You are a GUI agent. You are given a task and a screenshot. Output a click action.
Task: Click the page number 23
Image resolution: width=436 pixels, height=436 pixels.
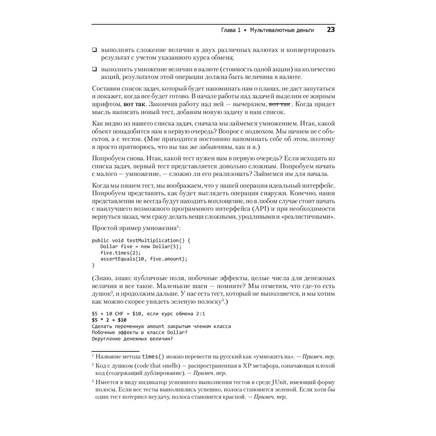330,30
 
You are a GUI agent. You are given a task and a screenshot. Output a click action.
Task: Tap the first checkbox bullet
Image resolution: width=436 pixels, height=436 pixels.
94,50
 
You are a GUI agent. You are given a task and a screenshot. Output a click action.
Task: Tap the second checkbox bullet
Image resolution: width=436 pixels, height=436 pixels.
94,69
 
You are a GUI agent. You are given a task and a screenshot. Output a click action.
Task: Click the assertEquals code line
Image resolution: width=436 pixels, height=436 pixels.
144,259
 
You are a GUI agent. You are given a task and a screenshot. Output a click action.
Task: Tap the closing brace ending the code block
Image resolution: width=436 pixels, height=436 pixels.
93,265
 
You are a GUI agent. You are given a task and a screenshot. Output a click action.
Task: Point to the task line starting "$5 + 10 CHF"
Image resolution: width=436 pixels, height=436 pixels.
146,314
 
